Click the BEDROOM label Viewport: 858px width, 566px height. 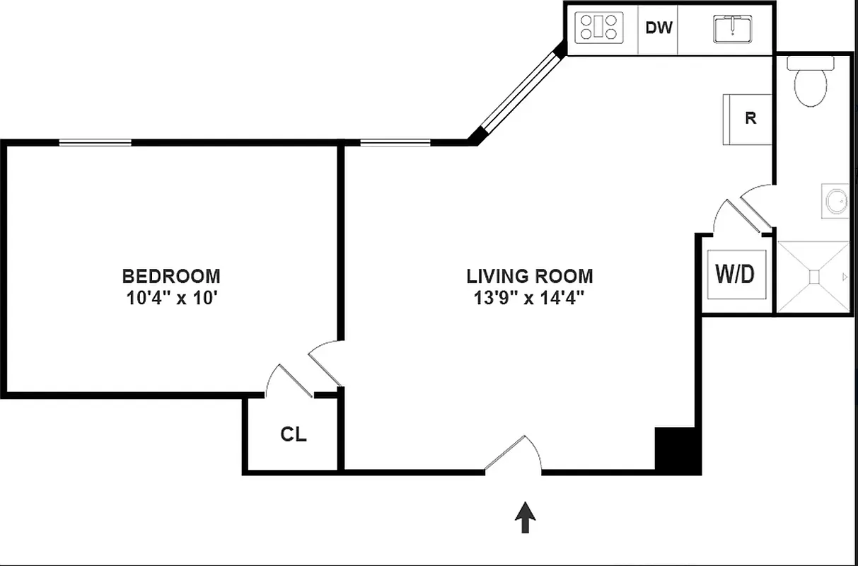(171, 275)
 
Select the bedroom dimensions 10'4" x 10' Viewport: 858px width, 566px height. (171, 298)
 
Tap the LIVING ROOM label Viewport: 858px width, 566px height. (530, 275)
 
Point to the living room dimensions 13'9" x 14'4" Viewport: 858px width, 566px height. (530, 298)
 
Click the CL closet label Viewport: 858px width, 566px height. (294, 434)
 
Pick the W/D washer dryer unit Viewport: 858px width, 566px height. (736, 275)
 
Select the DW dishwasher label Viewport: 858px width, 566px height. (659, 28)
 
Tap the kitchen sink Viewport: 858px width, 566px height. (732, 29)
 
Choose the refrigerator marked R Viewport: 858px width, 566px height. (748, 119)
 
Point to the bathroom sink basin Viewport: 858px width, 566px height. (836, 202)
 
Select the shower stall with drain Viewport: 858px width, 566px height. (813, 277)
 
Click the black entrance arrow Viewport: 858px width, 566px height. (524, 517)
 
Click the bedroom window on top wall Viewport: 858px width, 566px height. (95, 142)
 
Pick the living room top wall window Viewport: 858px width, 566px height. (395, 143)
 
